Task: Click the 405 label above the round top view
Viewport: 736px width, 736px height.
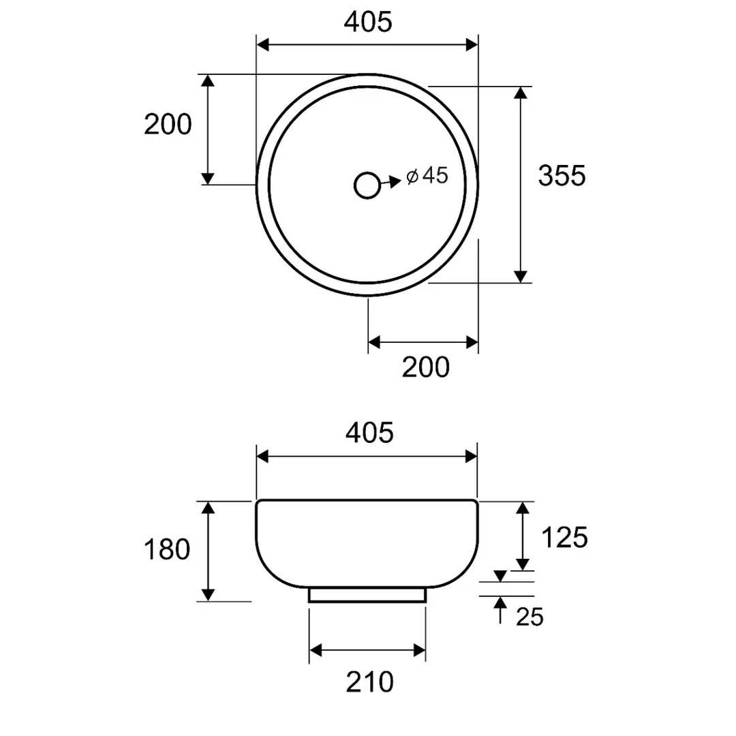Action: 367,22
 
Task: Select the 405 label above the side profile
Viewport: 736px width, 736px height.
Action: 369,432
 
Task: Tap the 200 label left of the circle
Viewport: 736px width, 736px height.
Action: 168,125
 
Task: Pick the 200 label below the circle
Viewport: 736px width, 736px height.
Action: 426,367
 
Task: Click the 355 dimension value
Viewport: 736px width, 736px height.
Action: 562,176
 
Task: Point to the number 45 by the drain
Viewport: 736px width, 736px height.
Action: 435,176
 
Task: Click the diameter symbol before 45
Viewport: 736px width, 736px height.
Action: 412,177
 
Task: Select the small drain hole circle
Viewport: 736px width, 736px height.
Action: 367,185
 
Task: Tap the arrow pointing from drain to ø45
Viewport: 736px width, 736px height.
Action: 390,182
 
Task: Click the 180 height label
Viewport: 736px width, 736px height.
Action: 167,549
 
